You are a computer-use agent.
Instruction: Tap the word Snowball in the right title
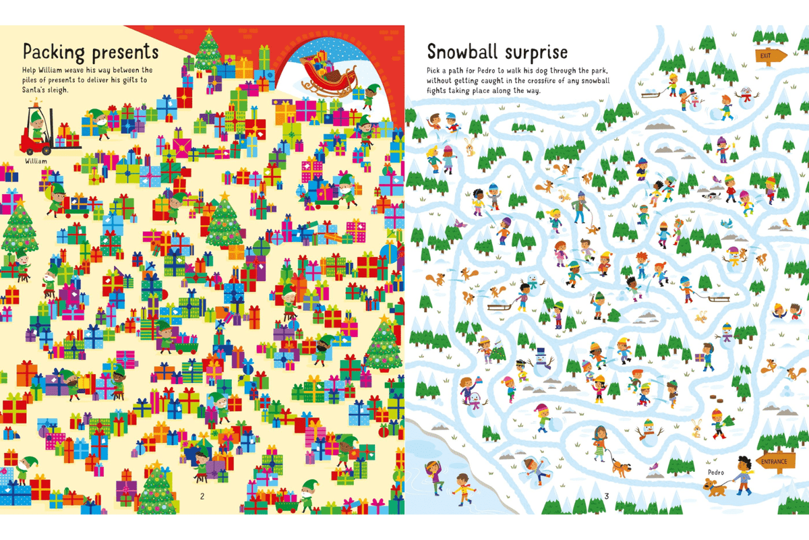pos(466,52)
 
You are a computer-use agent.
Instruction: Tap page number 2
pos(201,497)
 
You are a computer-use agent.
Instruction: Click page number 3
pos(606,497)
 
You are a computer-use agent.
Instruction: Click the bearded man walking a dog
pos(580,209)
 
